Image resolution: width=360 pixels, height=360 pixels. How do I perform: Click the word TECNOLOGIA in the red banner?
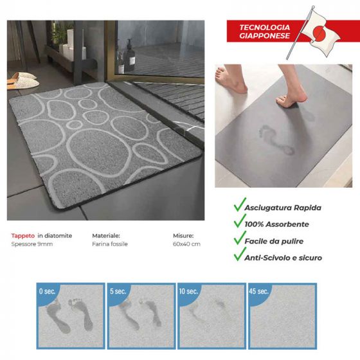tap(264, 28)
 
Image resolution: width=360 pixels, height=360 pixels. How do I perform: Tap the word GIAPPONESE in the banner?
tap(264, 35)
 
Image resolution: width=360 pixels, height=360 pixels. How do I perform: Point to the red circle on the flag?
tap(319, 33)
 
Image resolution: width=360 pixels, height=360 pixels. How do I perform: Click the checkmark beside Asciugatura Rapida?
tap(240, 204)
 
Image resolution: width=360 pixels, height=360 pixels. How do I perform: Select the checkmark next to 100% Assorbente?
tap(240, 221)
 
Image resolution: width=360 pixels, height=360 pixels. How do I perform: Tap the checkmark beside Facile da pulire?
tap(240, 238)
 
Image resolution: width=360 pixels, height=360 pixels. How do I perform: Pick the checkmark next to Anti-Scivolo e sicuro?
tap(240, 254)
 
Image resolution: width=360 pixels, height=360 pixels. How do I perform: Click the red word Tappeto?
tap(23, 236)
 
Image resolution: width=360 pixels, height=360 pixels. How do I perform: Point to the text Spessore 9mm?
tap(32, 244)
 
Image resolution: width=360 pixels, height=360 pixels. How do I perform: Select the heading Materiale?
tap(106, 236)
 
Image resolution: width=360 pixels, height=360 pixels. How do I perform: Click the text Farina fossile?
tap(110, 244)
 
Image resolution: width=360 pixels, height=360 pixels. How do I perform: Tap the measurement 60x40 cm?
tap(186, 244)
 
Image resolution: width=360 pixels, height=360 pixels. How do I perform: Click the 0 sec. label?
tap(48, 291)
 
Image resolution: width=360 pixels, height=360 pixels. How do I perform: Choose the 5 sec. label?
tap(118, 291)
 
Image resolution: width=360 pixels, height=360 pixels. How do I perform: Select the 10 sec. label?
tap(188, 291)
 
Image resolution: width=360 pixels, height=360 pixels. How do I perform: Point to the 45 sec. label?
tap(258, 291)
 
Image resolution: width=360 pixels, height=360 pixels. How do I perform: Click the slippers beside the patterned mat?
tap(22, 80)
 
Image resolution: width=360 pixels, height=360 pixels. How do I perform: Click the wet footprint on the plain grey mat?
tap(276, 139)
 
